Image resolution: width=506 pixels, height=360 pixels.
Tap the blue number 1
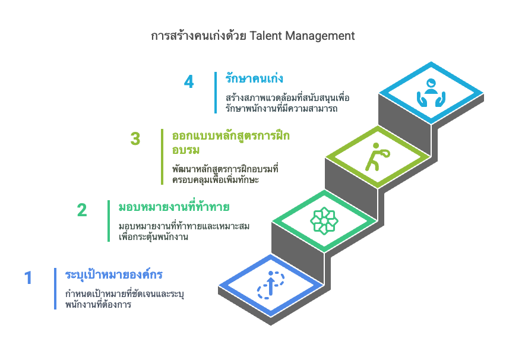pyautogui.click(x=29, y=278)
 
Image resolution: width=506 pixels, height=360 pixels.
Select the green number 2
pyautogui.click(x=82, y=210)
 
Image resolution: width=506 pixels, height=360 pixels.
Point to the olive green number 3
pyautogui.click(x=135, y=139)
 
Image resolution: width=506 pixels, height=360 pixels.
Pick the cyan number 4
pyautogui.click(x=189, y=82)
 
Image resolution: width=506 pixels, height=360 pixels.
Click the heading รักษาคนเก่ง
pyautogui.click(x=254, y=78)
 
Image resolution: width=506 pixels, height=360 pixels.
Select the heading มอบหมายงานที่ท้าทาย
pyautogui.click(x=174, y=206)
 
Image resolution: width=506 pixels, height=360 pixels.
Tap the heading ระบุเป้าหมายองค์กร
pyautogui.click(x=114, y=274)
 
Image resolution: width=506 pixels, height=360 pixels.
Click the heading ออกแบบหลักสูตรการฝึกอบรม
pyautogui.click(x=231, y=143)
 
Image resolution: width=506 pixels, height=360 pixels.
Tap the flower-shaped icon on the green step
pyautogui.click(x=324, y=221)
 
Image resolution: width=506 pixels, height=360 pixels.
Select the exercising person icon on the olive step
pyautogui.click(x=378, y=157)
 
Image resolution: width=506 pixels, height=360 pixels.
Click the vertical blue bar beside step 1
pyautogui.click(x=55, y=289)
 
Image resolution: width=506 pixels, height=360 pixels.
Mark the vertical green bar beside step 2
pyautogui.click(x=109, y=221)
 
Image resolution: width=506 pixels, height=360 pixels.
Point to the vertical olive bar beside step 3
pyautogui.click(x=162, y=157)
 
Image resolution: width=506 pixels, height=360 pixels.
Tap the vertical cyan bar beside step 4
pyautogui.click(x=216, y=93)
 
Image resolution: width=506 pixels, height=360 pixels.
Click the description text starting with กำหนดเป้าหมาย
pyautogui.click(x=125, y=299)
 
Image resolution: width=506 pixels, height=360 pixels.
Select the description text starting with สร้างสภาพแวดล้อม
pyautogui.click(x=287, y=103)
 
